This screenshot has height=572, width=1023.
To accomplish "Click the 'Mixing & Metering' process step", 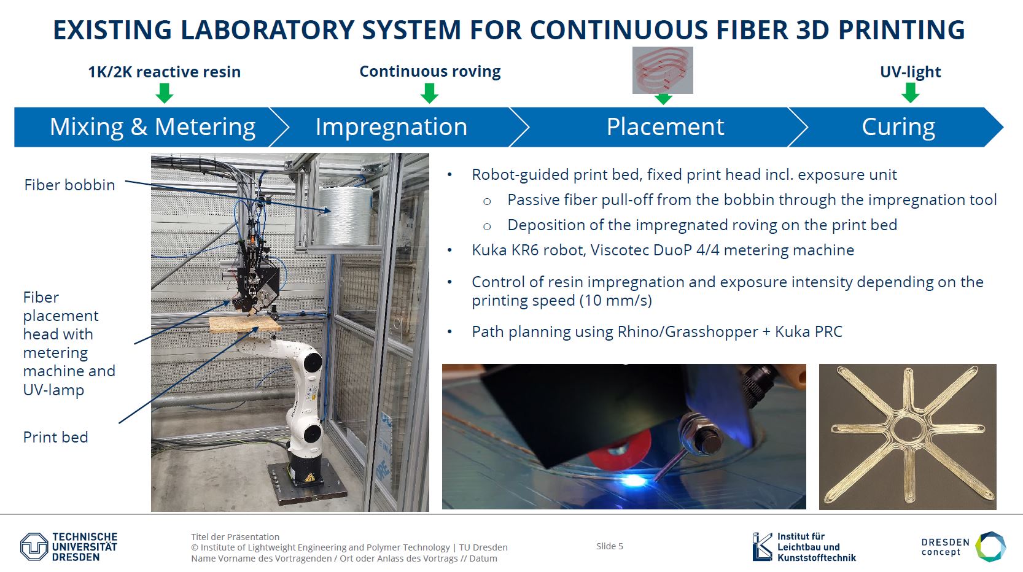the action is (x=152, y=127).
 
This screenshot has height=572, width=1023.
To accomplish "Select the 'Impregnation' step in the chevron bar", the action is (x=391, y=127).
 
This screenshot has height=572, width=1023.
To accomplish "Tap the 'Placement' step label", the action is (x=665, y=127).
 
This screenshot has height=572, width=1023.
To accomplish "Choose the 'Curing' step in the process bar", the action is (x=898, y=127).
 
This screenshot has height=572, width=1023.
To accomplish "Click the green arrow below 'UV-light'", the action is (x=910, y=93).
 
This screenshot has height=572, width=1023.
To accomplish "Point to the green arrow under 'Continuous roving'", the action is (x=429, y=93).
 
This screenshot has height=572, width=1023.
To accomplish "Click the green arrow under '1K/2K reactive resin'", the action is (x=165, y=93).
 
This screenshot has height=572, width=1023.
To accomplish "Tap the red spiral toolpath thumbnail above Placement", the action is (x=663, y=70).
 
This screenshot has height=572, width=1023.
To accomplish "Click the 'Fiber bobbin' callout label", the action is (x=69, y=185).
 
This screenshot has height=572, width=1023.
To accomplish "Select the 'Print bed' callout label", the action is (x=56, y=438).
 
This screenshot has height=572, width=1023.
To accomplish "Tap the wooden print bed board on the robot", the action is (x=245, y=325).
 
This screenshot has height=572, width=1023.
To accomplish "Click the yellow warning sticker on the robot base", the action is (x=309, y=478).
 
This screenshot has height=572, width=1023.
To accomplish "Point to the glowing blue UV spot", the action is (x=632, y=480).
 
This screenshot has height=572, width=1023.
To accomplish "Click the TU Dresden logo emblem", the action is (x=34, y=546).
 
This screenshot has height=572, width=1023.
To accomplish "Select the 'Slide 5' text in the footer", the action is (x=609, y=546).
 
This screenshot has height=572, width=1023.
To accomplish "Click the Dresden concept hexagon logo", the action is (x=990, y=546).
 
